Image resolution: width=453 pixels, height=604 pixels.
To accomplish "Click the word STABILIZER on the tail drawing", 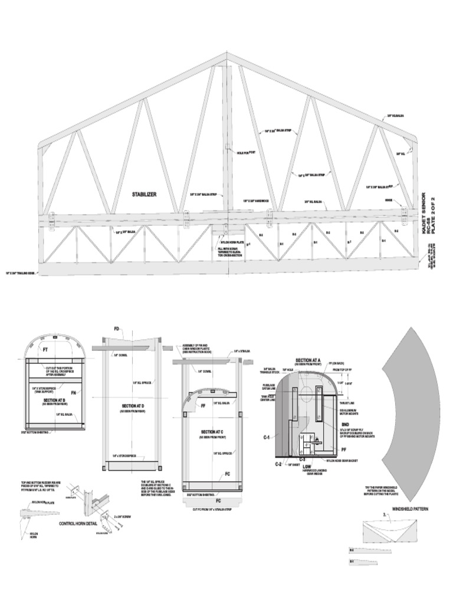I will (x=144, y=194).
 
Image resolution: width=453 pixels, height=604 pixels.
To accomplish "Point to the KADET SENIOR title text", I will (x=425, y=213).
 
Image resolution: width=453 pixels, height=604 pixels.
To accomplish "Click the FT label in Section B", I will (x=45, y=350).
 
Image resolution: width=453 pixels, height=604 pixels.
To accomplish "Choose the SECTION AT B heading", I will (x=54, y=400).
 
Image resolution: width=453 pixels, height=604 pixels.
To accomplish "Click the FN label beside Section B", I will (x=74, y=392).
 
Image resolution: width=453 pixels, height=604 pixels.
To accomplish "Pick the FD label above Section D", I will (x=117, y=328).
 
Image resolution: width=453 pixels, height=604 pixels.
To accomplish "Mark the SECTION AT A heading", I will (x=308, y=360).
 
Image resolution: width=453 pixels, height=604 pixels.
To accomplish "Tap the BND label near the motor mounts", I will (x=345, y=424).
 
